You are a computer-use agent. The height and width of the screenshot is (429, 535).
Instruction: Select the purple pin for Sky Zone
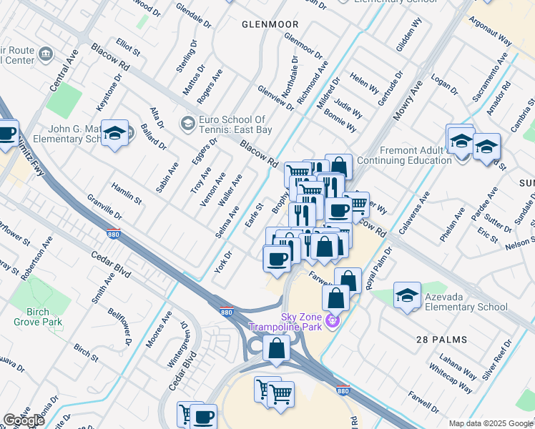point(331,322)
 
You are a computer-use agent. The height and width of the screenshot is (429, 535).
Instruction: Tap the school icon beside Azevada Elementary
point(407,295)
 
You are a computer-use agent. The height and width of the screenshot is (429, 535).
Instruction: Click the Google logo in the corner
point(24,420)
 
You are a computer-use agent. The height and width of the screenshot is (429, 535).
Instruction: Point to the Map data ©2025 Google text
point(491,423)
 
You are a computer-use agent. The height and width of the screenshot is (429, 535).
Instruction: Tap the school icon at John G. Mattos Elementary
point(114,134)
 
